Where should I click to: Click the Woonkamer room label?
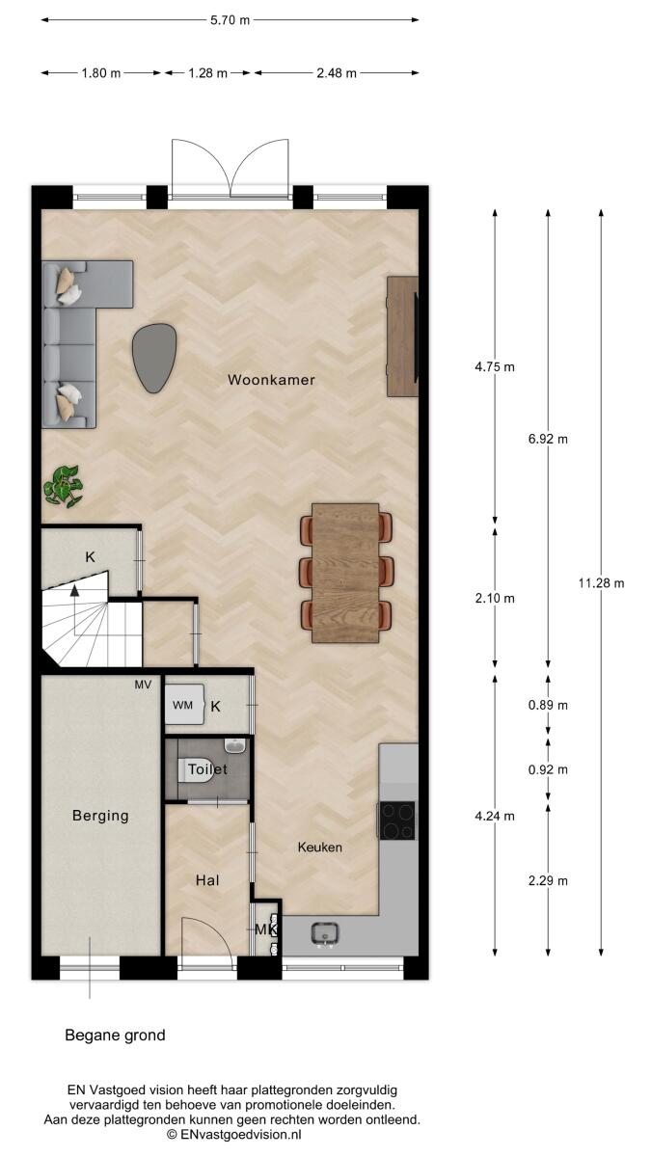pyautogui.click(x=271, y=380)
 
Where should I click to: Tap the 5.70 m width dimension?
pyautogui.click(x=230, y=20)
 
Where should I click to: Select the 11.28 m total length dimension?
pyautogui.click(x=601, y=583)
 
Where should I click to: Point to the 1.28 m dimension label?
pyautogui.click(x=207, y=73)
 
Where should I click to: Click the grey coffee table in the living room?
pyautogui.click(x=154, y=358)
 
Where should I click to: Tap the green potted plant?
pyautogui.click(x=63, y=486)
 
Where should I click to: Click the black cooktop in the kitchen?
pyautogui.click(x=397, y=821)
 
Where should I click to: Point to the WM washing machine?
pyautogui.click(x=184, y=705)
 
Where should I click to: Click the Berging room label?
pyautogui.click(x=100, y=816)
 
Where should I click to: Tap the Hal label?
pyautogui.click(x=207, y=880)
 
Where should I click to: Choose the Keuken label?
pyautogui.click(x=320, y=848)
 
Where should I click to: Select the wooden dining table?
pyautogui.click(x=345, y=574)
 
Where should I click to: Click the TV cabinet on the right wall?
pyautogui.click(x=402, y=336)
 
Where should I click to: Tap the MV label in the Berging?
pyautogui.click(x=143, y=685)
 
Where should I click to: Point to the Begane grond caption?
pyautogui.click(x=115, y=1036)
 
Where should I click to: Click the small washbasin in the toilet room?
pyautogui.click(x=236, y=746)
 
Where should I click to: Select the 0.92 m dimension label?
pyautogui.click(x=548, y=770)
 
